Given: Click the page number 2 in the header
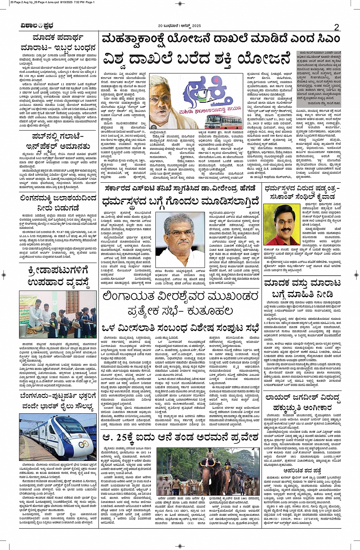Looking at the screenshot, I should click(336, 27).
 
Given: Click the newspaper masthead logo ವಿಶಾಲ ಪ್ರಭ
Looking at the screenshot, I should click(37, 26).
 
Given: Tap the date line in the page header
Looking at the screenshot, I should click(179, 26).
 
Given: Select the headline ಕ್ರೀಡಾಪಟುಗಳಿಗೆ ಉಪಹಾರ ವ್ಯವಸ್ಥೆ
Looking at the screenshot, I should click(58, 277).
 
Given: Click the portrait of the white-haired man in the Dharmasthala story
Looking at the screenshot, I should click(180, 239).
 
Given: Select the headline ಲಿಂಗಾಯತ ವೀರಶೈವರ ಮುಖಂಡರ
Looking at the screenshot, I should click(180, 297).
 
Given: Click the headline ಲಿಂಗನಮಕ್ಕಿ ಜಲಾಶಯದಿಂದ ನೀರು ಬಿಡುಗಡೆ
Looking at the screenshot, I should click(58, 203).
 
